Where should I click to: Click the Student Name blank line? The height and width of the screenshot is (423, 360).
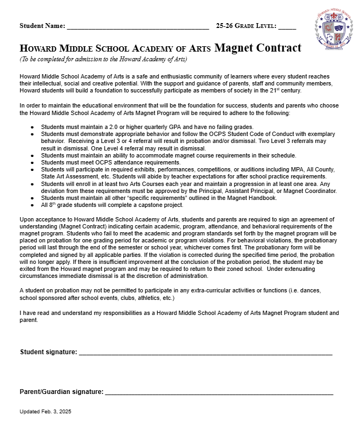[x=138, y=26]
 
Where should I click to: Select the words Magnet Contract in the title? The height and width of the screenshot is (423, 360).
[x=258, y=48]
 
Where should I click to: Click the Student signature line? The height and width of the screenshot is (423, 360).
[x=205, y=353]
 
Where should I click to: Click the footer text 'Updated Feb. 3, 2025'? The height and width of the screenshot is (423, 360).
[x=45, y=411]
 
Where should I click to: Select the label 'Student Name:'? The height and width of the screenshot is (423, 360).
[x=42, y=26]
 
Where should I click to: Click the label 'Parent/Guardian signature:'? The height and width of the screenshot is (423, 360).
[x=61, y=392]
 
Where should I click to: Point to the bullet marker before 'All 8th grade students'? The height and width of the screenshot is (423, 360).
[x=32, y=205]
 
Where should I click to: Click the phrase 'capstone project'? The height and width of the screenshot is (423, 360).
[x=161, y=205]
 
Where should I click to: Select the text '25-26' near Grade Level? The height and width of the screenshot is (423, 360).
[x=224, y=26]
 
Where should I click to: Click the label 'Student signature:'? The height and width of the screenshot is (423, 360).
[x=48, y=353]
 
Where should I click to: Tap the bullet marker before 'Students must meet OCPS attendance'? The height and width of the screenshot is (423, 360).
[x=32, y=162]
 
